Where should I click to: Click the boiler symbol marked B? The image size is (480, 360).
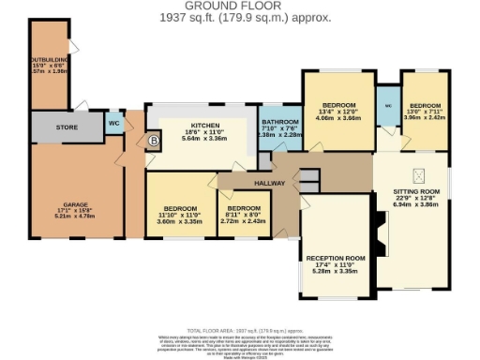pos(153,142)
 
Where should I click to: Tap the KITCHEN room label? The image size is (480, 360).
pos(204,125)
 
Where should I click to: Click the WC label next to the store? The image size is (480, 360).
pos(112,123)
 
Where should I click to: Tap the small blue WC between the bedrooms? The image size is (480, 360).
pos(387,106)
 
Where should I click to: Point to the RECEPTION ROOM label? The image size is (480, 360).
pos(335,257)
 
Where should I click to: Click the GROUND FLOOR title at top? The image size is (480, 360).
pos(239,6)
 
